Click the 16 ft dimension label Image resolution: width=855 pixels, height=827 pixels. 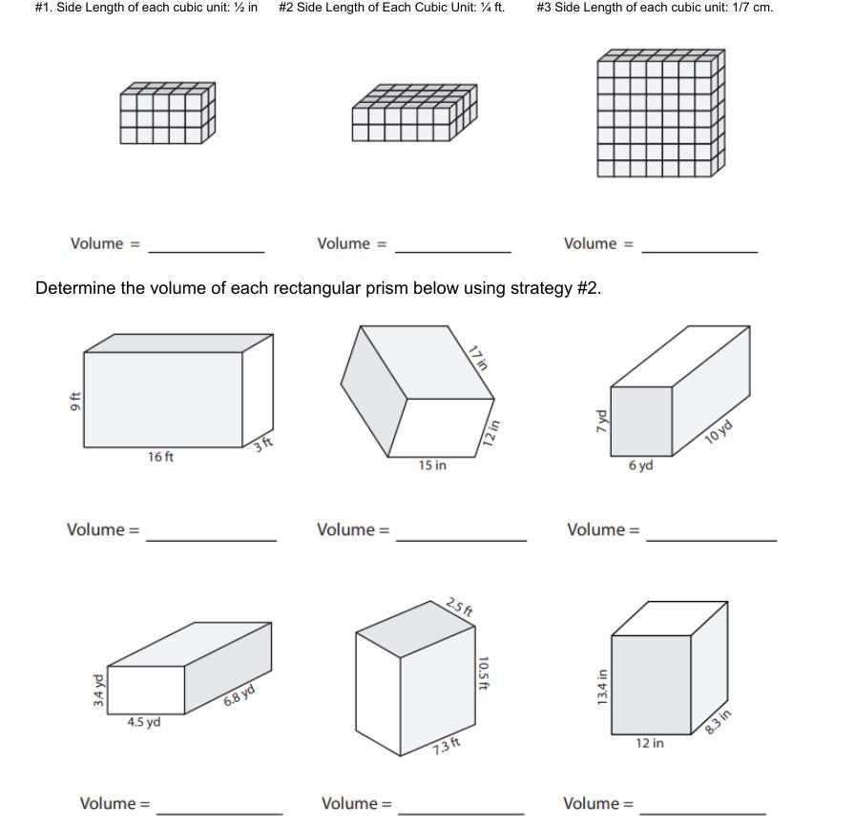160,457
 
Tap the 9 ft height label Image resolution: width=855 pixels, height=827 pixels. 75,402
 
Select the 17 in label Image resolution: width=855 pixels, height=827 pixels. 477,358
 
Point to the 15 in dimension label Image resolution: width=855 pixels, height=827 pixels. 431,465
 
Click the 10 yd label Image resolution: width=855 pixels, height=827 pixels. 719,431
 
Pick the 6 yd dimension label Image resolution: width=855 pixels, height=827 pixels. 640,465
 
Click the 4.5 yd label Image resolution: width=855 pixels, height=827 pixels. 143,722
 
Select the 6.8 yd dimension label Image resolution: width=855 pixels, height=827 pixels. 239,695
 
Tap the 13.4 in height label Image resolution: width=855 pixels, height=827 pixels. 601,688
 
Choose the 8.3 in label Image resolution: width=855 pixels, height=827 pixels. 718,722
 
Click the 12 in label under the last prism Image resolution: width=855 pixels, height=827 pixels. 650,742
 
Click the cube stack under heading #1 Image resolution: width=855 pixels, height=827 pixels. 167,114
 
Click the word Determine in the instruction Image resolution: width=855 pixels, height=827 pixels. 75,288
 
